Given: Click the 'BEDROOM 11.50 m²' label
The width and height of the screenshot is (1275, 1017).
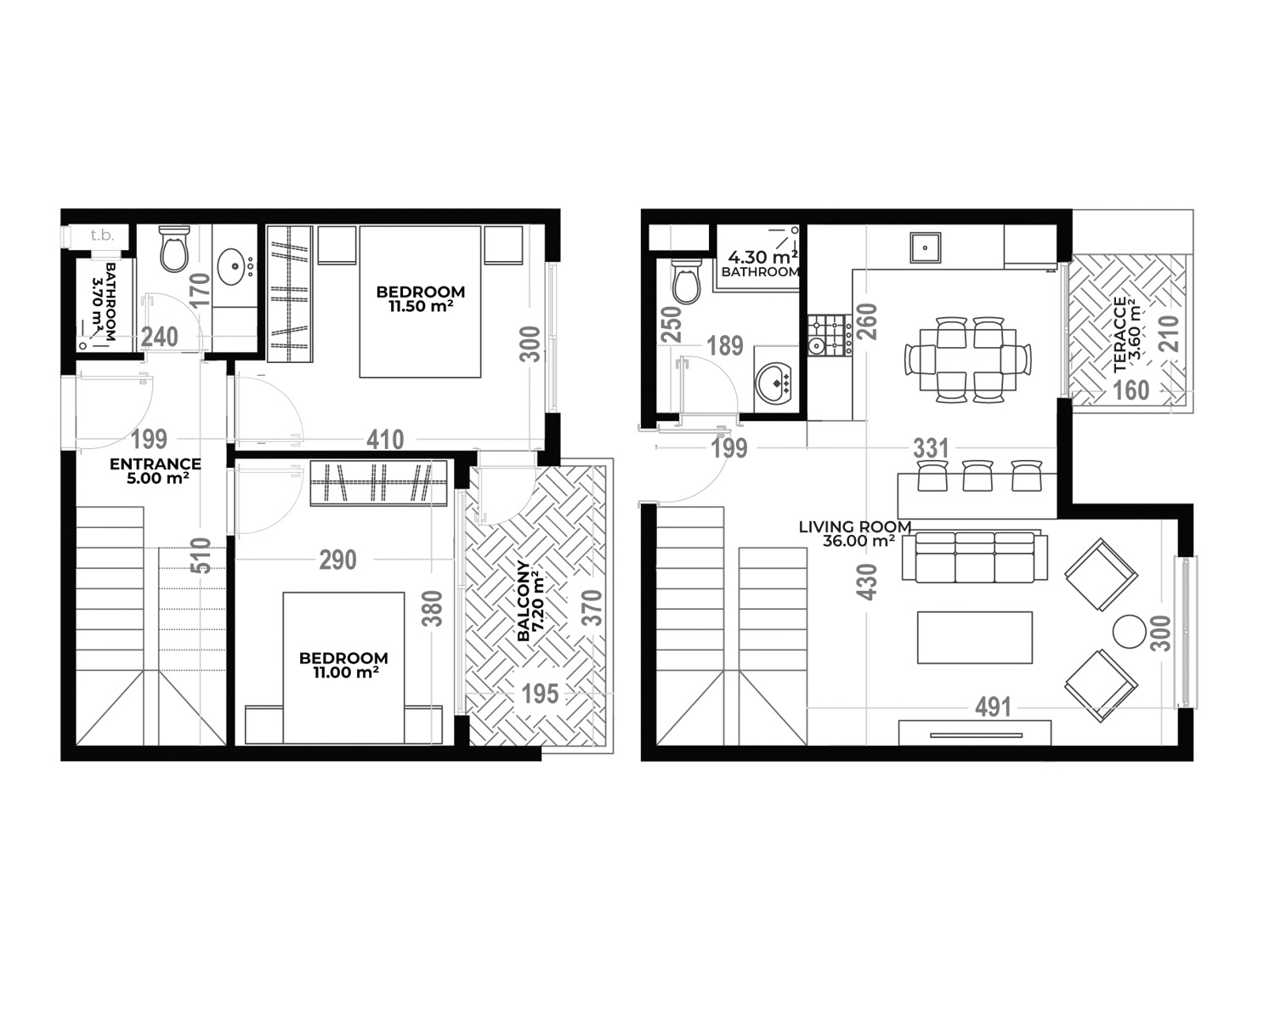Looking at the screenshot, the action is point(421,298).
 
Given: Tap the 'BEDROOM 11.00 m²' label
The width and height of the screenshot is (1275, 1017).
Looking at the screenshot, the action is point(343,665).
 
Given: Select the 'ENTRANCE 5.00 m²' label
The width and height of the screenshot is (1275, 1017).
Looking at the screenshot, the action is point(156,471).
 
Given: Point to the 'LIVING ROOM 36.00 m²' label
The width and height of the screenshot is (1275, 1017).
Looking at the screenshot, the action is point(855,533).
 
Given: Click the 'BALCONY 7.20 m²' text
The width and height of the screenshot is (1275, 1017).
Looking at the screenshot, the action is point(530,600).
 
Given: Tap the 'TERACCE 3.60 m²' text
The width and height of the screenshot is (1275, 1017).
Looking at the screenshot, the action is point(1126,335).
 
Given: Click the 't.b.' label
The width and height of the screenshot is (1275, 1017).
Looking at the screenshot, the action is point(102,236).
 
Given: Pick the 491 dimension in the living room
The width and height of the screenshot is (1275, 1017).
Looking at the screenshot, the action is point(993,707).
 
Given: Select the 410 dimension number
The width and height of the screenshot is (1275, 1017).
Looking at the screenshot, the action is point(385,440).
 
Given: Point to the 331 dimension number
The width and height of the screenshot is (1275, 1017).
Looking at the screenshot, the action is point(931,448).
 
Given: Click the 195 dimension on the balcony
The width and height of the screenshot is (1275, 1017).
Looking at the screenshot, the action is point(540,693).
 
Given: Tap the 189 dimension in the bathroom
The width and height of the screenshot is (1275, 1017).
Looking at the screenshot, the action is point(725,345).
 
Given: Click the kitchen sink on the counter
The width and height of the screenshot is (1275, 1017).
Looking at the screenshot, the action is point(925,247).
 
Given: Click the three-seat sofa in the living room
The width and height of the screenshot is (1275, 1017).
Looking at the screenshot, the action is point(975,556).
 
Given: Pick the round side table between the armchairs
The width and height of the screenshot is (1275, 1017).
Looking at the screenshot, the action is point(1130,632).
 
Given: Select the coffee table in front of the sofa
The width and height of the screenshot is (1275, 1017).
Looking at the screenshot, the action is point(975,637).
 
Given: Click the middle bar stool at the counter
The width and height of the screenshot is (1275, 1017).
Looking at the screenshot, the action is point(977,475).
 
